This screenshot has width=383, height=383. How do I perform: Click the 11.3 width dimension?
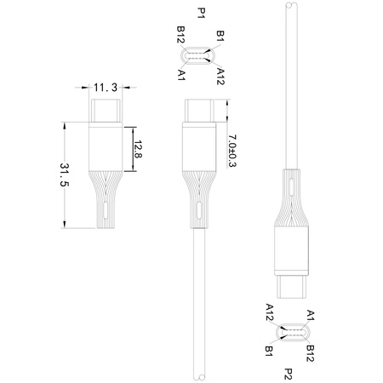click(x=106, y=87)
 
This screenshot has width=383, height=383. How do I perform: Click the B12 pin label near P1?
click(x=181, y=37)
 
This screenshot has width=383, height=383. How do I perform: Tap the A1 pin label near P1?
click(x=182, y=76)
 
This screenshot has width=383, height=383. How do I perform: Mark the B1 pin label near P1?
click(x=220, y=36)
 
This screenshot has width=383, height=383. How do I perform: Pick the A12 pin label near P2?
click(x=269, y=312)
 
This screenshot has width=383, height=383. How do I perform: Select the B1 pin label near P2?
click(x=269, y=350)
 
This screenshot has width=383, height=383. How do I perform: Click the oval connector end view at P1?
click(x=201, y=56)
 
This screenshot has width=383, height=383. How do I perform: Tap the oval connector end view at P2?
click(x=289, y=331)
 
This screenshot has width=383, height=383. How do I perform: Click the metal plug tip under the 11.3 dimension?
click(x=106, y=111)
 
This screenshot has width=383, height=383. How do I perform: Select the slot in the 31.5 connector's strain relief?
click(x=106, y=209)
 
